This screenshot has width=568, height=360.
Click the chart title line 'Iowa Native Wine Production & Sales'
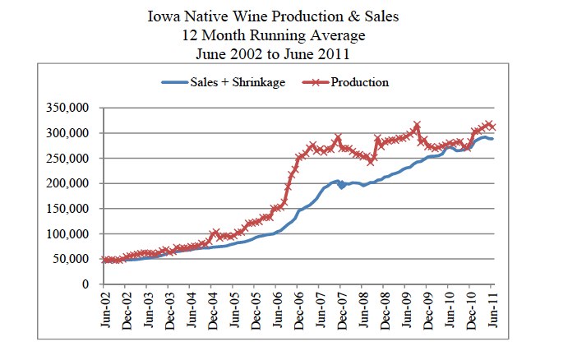click(x=297, y=17)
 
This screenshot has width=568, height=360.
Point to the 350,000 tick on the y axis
click(x=71, y=108)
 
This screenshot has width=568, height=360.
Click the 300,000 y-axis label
click(x=71, y=133)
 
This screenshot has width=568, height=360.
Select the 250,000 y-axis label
click(x=71, y=159)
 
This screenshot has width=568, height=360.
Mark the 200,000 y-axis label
click(x=71, y=183)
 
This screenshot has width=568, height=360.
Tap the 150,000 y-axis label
click(x=71, y=209)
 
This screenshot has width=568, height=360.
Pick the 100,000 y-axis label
click(x=71, y=234)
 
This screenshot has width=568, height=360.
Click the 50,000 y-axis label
click(x=74, y=259)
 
